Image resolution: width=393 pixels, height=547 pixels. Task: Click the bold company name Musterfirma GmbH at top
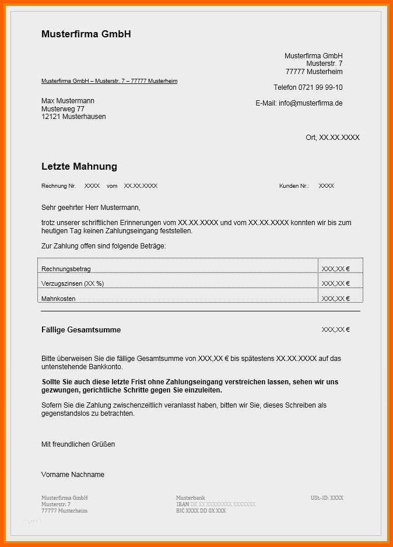[86, 34]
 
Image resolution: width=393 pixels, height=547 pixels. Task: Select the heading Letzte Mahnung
[79, 167]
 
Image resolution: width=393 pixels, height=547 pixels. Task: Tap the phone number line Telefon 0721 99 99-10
[308, 87]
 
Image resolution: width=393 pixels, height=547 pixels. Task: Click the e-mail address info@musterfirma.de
[310, 103]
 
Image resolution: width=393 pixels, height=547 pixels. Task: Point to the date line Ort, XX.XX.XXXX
[332, 138]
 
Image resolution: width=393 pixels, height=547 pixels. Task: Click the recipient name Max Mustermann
[68, 101]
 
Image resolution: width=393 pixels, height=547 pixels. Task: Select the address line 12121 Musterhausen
[73, 117]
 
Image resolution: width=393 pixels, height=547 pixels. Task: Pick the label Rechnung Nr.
[58, 186]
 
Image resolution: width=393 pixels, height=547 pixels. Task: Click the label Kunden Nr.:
[294, 186]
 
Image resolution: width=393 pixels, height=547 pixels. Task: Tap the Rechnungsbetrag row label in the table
[66, 269]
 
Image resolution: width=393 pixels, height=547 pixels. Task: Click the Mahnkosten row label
[58, 299]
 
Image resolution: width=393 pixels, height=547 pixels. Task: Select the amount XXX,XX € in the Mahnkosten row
[335, 299]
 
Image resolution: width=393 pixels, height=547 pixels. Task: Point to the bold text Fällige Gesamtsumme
[81, 330]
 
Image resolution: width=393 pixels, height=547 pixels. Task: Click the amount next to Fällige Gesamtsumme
[335, 330]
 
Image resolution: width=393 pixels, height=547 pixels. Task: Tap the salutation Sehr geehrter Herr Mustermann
[91, 208]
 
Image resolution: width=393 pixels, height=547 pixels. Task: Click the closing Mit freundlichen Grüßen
[78, 444]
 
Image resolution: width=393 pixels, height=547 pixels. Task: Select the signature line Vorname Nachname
[73, 475]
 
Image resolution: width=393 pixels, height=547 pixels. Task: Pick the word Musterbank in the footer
[191, 498]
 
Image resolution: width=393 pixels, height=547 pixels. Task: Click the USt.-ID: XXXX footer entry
[327, 498]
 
